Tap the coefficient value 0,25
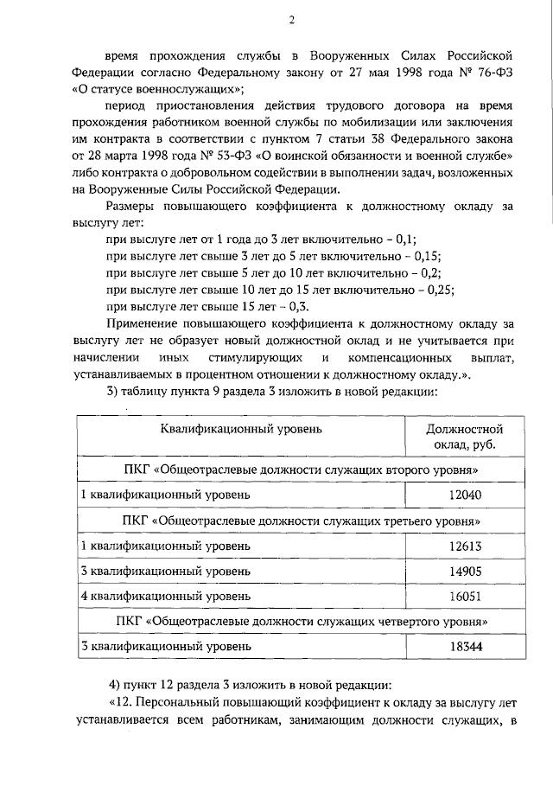pos(441,290)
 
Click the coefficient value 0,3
pos(299,306)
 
